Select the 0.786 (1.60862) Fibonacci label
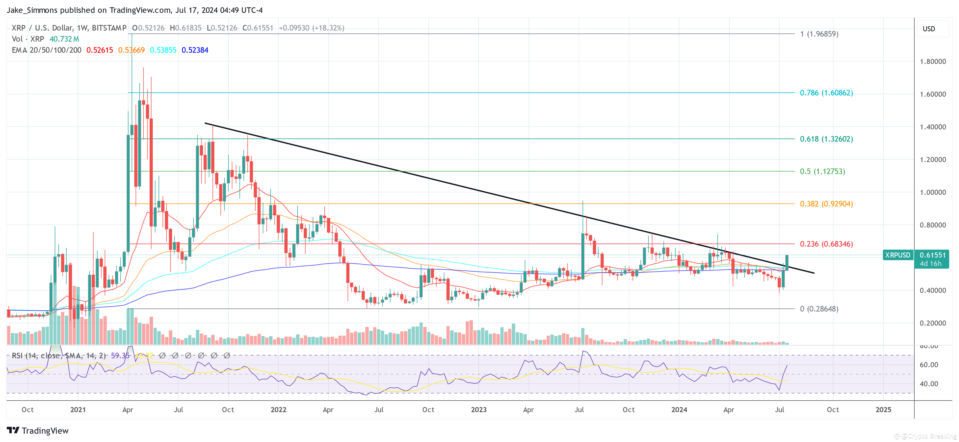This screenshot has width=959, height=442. tap(826, 93)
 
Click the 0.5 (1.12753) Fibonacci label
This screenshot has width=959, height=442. tap(822, 171)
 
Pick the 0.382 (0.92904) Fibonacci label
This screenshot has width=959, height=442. tap(826, 204)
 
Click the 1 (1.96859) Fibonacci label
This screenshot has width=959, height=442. tap(819, 34)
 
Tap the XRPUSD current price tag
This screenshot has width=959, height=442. tap(897, 255)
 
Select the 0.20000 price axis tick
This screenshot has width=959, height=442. tap(933, 323)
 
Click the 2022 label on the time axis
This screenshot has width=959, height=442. tap(278, 410)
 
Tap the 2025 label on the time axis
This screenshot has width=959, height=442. tap(883, 410)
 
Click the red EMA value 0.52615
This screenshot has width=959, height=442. tap(99, 50)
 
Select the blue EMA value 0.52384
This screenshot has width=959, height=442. tap(195, 50)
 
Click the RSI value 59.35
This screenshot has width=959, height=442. tap(120, 356)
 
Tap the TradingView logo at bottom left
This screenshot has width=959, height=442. tap(38, 430)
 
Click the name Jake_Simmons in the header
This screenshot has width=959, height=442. tap(32, 10)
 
